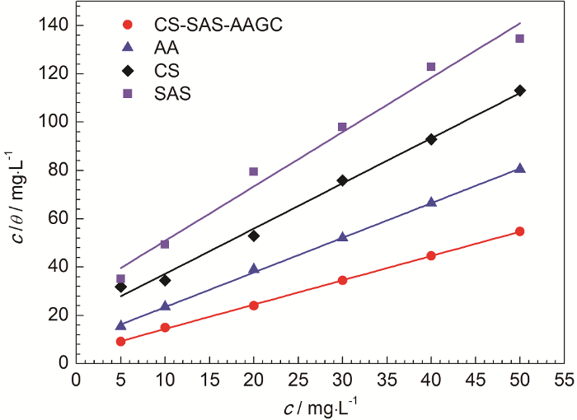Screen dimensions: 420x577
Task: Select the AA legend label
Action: (x=162, y=48)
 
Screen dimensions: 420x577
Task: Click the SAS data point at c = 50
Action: (x=519, y=39)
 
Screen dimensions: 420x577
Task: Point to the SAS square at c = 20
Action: (x=254, y=171)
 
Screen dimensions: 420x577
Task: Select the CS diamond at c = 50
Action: (x=519, y=91)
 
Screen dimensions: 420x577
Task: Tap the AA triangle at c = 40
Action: (x=431, y=202)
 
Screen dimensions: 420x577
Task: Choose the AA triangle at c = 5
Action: (x=121, y=325)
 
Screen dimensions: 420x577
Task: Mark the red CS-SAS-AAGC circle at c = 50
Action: (x=519, y=231)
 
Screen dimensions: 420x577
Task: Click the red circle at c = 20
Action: (x=254, y=305)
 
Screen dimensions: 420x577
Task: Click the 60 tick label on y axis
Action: (x=57, y=218)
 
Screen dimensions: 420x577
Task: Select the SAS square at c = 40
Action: (x=431, y=67)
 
